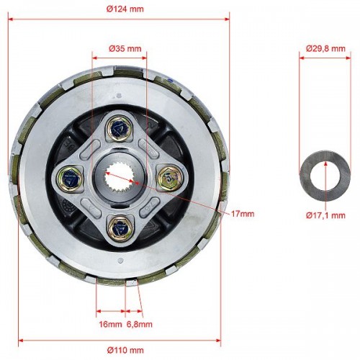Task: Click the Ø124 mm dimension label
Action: (125, 9)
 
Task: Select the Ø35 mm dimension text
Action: (125, 49)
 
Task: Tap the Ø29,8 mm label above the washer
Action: (325, 49)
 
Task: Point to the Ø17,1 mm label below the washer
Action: (325, 215)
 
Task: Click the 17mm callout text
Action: (243, 214)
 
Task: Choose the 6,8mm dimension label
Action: (139, 324)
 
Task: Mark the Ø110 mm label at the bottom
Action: (125, 350)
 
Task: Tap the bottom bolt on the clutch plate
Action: (120, 229)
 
